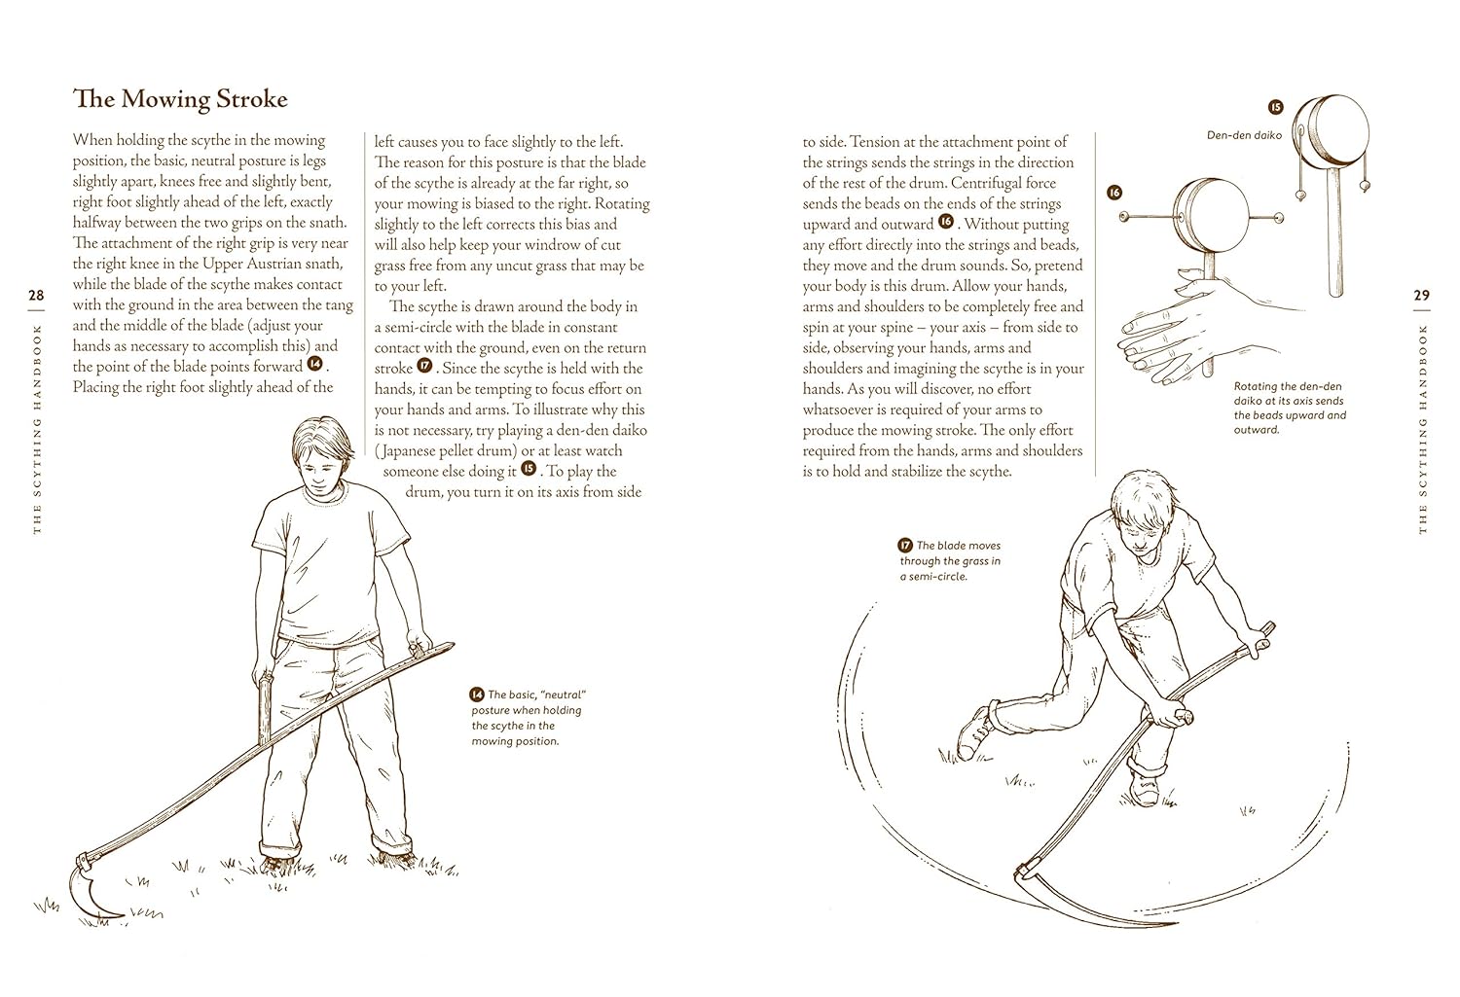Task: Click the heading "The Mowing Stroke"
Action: [x=180, y=99]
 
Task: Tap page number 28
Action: [x=36, y=295]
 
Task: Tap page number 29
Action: [x=1421, y=295]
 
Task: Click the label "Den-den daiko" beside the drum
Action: [x=1244, y=135]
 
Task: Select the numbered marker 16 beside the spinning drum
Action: [x=1114, y=193]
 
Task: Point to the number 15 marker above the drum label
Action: [x=1275, y=107]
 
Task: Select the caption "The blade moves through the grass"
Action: [x=950, y=560]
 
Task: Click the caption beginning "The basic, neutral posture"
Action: [x=527, y=718]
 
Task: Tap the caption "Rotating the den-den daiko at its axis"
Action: [x=1290, y=408]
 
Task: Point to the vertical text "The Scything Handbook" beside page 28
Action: [x=37, y=429]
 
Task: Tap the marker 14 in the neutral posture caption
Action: [x=477, y=694]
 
